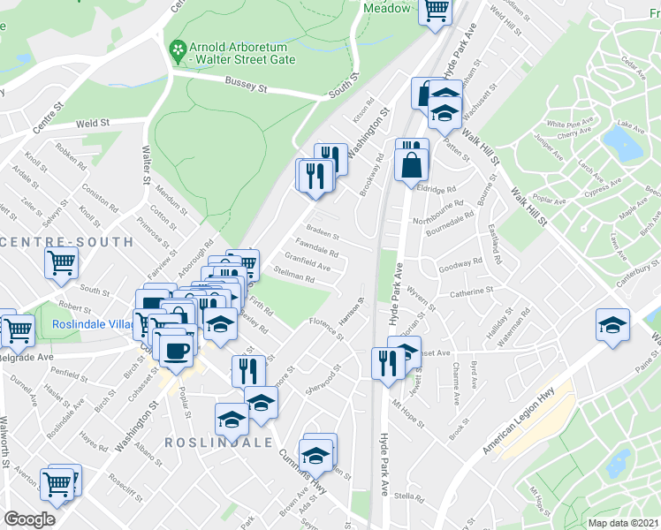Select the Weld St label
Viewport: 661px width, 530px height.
coord(92,125)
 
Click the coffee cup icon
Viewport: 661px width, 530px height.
coord(177,349)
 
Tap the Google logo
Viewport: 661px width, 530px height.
coord(29,519)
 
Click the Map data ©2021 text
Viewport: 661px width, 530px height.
coord(623,523)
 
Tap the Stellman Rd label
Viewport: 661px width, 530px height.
coord(294,277)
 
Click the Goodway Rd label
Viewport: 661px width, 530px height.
coord(461,262)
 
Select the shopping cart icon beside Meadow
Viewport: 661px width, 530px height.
coord(436,11)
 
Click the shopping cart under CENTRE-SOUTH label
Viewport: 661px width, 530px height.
coord(61,261)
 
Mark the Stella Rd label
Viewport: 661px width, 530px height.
coord(406,496)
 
